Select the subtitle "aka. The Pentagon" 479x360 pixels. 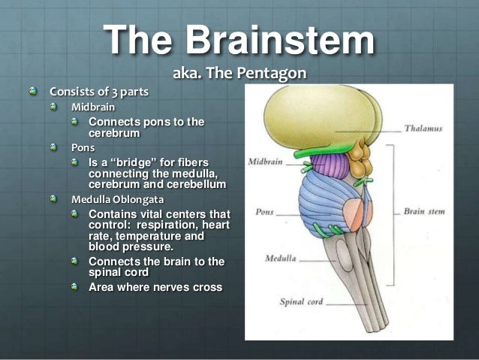pyautogui.click(x=239, y=74)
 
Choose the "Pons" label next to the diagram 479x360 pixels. pyautogui.click(x=264, y=213)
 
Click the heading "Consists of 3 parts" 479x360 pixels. pyautogui.click(x=99, y=92)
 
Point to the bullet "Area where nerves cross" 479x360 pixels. pyautogui.click(x=155, y=286)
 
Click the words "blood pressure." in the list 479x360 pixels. pyautogui.click(x=130, y=246)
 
